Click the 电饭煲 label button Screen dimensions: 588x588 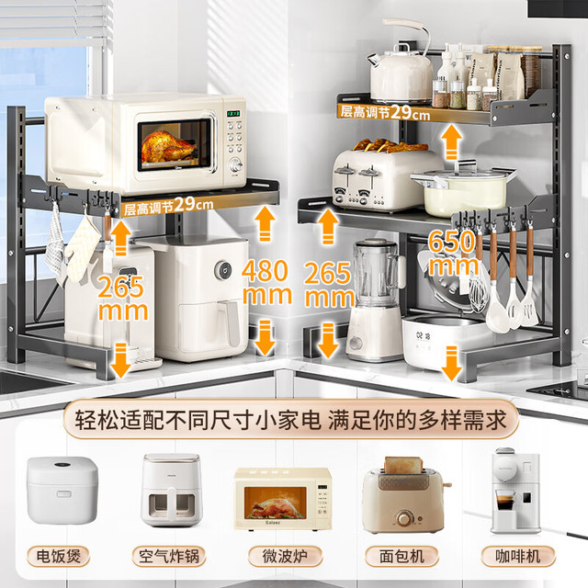coord(59,556)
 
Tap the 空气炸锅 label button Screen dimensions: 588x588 coord(169,556)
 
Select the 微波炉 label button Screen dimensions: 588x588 coord(285,556)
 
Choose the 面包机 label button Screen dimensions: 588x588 coord(401,556)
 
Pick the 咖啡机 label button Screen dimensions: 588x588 coord(518,556)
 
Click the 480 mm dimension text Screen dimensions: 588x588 coord(266,282)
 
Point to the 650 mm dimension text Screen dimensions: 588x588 coord(453,253)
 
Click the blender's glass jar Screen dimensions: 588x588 coord(376,273)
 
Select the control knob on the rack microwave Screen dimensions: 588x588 coord(235,165)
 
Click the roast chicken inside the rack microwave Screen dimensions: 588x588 coord(168,147)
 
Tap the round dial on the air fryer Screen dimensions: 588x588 coord(223,269)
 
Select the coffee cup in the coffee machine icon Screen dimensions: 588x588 coord(504,501)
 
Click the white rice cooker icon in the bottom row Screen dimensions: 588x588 coord(62,490)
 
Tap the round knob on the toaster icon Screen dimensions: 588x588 coord(403,518)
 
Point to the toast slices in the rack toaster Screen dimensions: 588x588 coord(390,146)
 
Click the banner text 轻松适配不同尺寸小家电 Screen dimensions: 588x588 coord(198,420)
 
